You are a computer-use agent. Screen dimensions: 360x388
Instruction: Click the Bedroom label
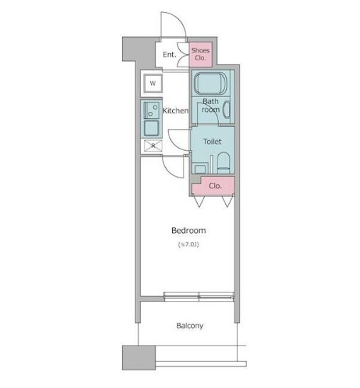pyautogui.click(x=189, y=231)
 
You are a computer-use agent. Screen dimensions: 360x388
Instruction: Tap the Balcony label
pyautogui.click(x=190, y=326)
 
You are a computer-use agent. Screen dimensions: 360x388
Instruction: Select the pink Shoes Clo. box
pyautogui.click(x=201, y=55)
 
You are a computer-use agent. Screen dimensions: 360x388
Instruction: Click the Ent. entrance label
pyautogui.click(x=169, y=55)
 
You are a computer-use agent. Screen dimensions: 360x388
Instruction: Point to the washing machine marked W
pyautogui.click(x=153, y=83)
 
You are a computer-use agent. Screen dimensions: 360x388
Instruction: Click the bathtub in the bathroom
pyautogui.click(x=210, y=83)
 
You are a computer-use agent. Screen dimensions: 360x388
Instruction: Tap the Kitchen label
pyautogui.click(x=175, y=110)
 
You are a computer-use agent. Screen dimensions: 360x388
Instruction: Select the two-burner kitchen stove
pyautogui.click(x=151, y=110)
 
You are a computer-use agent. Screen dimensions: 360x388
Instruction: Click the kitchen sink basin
pyautogui.click(x=151, y=128)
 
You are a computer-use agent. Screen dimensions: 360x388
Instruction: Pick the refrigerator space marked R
pyautogui.click(x=153, y=146)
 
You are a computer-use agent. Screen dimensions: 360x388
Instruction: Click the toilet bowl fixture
pyautogui.click(x=223, y=163)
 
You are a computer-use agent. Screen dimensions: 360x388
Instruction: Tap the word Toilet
pyautogui.click(x=212, y=142)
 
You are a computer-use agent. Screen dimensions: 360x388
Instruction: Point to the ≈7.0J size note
pyautogui.click(x=189, y=245)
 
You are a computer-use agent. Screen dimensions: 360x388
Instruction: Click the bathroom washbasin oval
pyautogui.click(x=227, y=109)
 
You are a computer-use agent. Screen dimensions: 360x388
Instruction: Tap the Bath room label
pyautogui.click(x=210, y=105)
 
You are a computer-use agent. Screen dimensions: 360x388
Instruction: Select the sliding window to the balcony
pyautogui.click(x=199, y=297)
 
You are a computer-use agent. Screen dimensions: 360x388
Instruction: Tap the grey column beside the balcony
pyautogui.click(x=139, y=358)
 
